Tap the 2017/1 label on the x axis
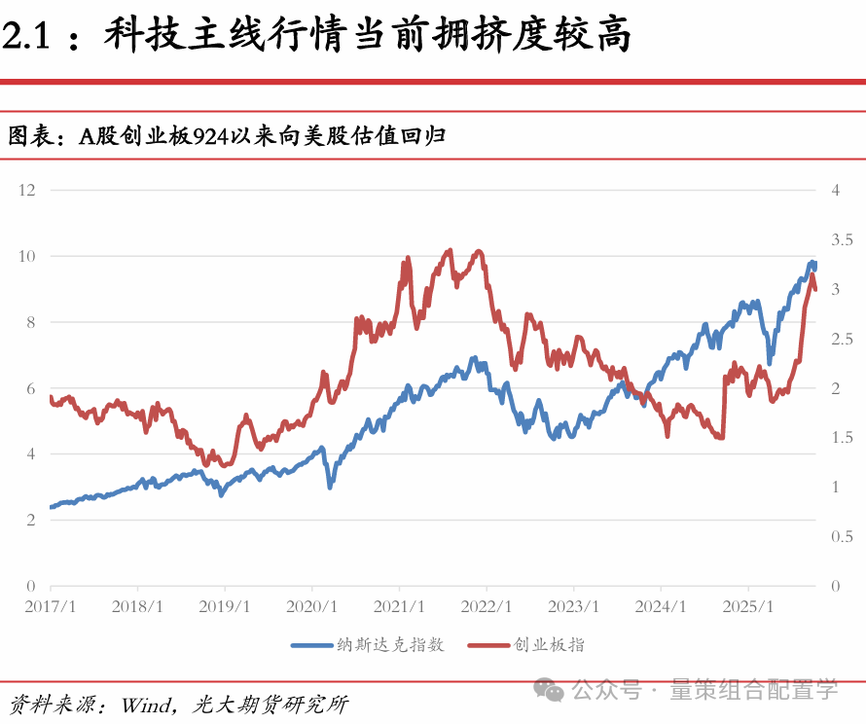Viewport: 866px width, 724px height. (50, 606)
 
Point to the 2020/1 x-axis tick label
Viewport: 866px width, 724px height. (311, 606)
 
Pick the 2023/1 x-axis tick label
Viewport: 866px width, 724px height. (573, 606)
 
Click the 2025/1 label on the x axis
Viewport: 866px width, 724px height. (748, 606)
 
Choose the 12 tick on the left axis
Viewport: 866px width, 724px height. (27, 190)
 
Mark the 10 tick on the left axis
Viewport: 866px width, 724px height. (27, 256)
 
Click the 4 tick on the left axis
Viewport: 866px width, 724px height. (30, 454)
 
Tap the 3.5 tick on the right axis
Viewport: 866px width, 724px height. (842, 239)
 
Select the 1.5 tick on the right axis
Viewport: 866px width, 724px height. (842, 438)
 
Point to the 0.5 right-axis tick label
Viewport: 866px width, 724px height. (842, 537)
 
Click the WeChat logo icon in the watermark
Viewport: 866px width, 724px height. (554, 691)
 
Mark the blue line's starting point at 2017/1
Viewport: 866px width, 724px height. (51, 507)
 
